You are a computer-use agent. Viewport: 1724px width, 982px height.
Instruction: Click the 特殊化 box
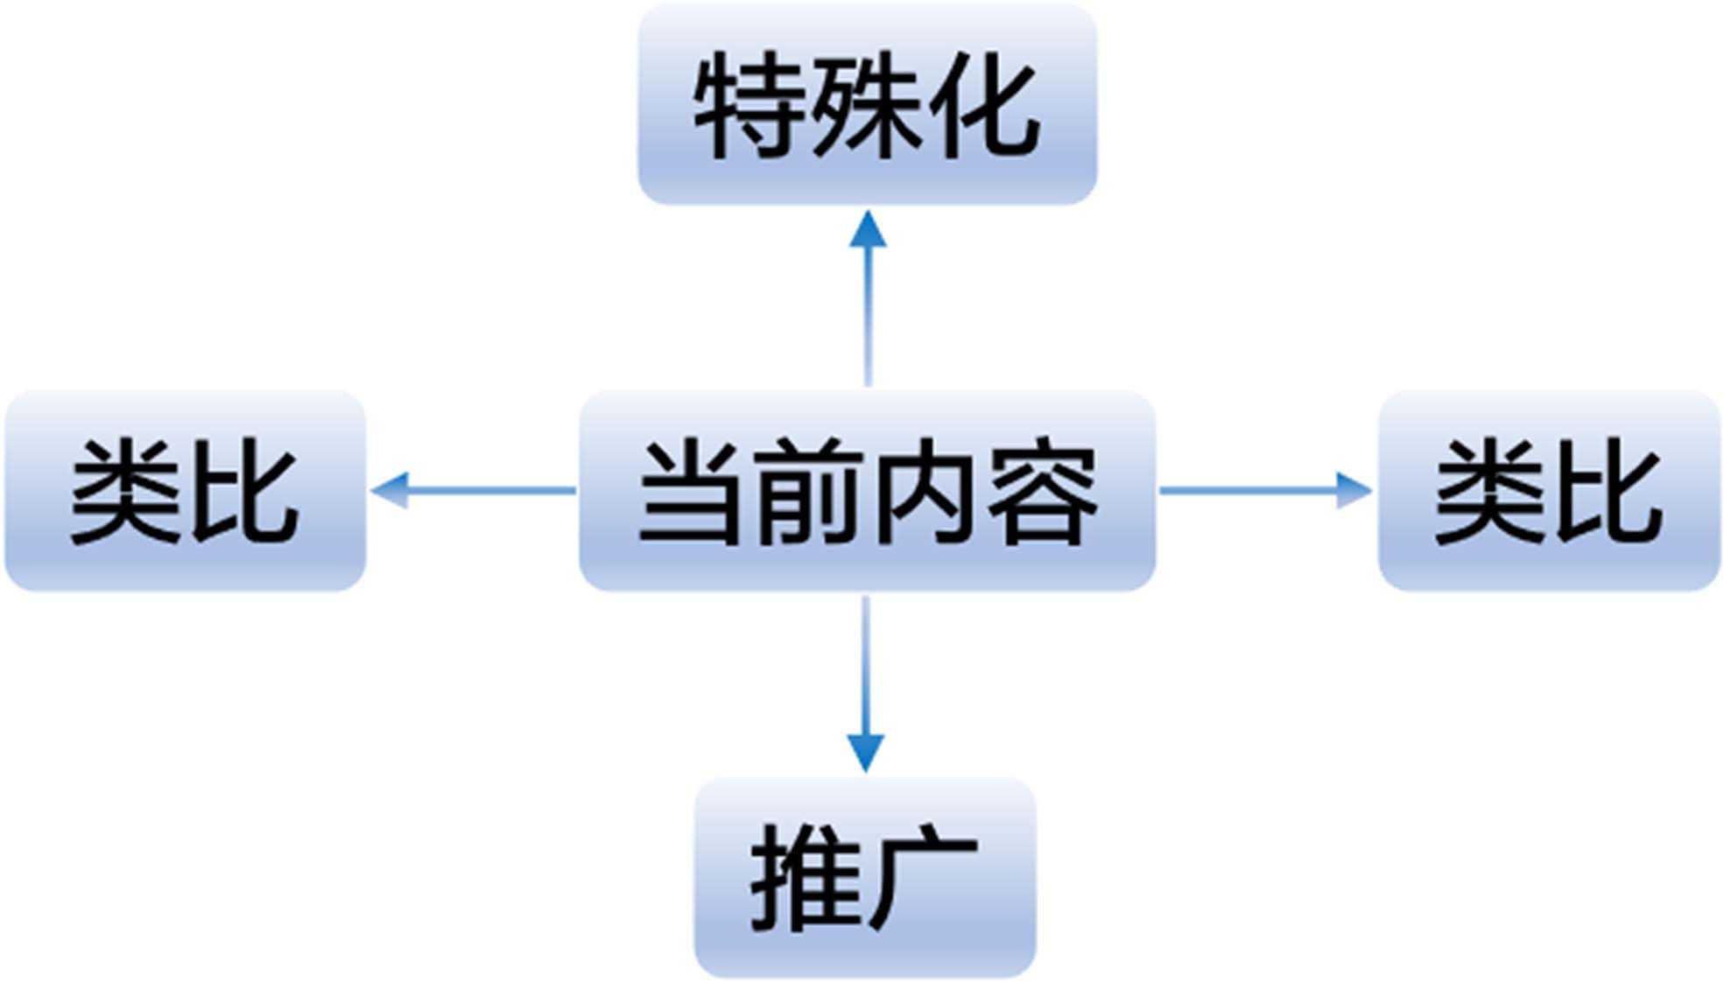(x=867, y=104)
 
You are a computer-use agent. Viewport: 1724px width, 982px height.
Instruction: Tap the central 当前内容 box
(x=867, y=491)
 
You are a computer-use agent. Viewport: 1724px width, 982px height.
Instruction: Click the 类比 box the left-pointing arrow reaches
(x=185, y=491)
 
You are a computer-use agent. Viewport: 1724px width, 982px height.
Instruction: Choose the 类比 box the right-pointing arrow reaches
(x=1549, y=491)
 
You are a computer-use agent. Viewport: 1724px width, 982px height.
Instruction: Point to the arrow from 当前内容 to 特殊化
(x=868, y=306)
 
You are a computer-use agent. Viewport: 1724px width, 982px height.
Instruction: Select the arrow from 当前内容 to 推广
(x=866, y=674)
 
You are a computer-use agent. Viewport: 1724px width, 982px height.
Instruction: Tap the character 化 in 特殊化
(x=985, y=105)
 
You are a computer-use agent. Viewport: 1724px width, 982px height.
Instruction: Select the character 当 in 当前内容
(x=689, y=492)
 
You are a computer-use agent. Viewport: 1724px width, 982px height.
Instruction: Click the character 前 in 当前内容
(x=807, y=492)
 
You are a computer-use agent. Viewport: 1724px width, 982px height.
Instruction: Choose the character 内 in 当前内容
(x=925, y=492)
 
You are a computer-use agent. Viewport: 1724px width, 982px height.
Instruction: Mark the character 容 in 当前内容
(x=1044, y=492)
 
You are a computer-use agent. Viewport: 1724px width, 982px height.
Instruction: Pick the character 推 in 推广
(x=806, y=878)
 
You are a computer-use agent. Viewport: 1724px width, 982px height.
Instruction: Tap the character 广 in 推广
(x=924, y=878)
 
